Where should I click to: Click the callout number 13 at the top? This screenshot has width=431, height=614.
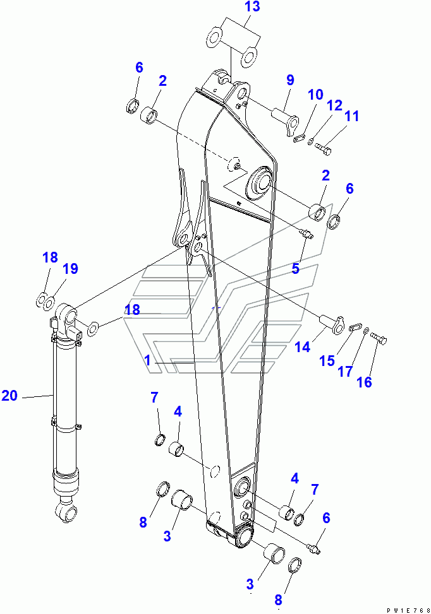pyautogui.click(x=253, y=7)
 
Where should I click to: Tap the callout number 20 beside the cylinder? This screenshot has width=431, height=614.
pyautogui.click(x=9, y=396)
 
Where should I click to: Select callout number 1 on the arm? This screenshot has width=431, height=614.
pyautogui.click(x=147, y=360)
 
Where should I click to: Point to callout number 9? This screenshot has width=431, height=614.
pyautogui.click(x=290, y=80)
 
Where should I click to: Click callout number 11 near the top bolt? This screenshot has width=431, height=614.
pyautogui.click(x=351, y=116)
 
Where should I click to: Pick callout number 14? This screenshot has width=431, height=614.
pyautogui.click(x=302, y=347)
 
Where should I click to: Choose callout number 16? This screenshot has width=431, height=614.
pyautogui.click(x=364, y=382)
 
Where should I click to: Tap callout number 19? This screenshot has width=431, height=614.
pyautogui.click(x=70, y=269)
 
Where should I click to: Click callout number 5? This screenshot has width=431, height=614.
pyautogui.click(x=295, y=269)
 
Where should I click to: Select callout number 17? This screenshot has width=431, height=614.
pyautogui.click(x=345, y=371)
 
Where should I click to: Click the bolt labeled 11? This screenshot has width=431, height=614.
pyautogui.click(x=323, y=149)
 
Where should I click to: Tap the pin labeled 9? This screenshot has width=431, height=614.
pyautogui.click(x=285, y=122)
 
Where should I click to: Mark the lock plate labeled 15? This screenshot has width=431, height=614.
pyautogui.click(x=355, y=327)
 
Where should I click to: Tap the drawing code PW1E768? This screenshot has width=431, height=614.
pyautogui.click(x=408, y=610)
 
